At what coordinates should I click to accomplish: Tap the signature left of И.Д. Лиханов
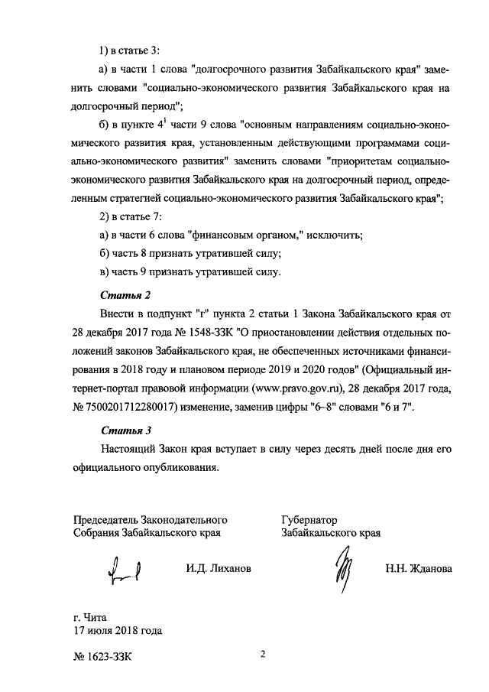click(125, 569)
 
